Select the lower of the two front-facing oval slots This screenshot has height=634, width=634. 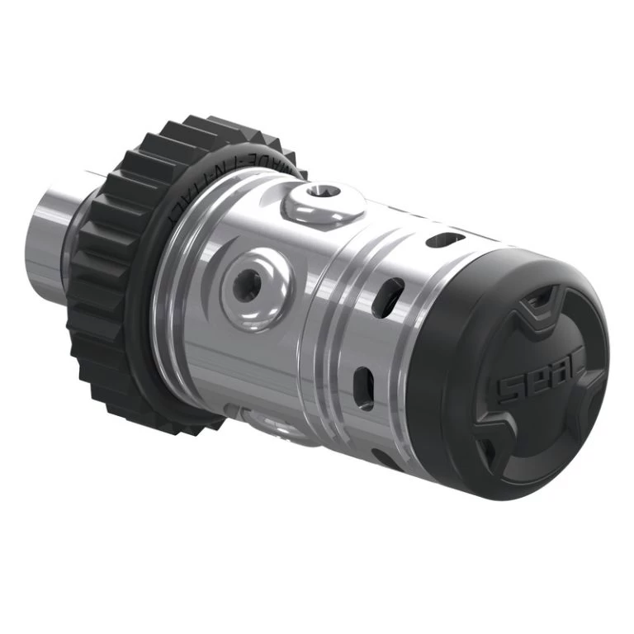click(362, 381)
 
